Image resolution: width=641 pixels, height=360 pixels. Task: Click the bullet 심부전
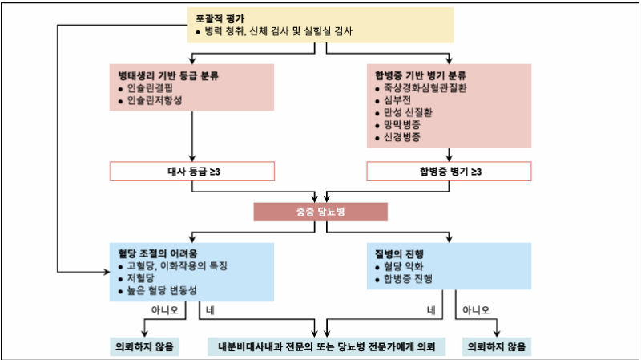(x=398, y=101)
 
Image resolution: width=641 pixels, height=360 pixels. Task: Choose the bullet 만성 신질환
(x=407, y=113)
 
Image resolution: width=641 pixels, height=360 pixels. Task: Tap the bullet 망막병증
(x=403, y=125)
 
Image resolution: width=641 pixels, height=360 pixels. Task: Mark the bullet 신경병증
(x=403, y=138)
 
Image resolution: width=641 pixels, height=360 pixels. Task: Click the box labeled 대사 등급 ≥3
(x=192, y=172)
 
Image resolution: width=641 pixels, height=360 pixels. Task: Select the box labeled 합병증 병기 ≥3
(x=450, y=172)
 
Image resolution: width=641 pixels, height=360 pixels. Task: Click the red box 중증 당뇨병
(x=320, y=212)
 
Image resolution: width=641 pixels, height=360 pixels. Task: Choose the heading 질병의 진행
(x=403, y=250)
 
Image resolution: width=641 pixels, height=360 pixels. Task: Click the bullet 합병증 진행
(x=408, y=277)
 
